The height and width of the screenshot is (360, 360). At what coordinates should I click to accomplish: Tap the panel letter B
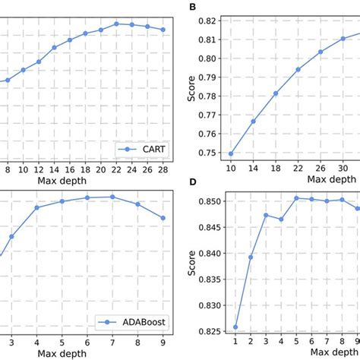tap(192, 8)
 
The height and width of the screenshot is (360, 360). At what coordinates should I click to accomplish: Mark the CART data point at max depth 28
tap(163, 30)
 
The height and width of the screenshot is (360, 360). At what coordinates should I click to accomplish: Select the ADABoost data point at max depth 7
tap(112, 197)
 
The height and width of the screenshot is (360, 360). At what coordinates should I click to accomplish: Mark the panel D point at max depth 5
tap(295, 198)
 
